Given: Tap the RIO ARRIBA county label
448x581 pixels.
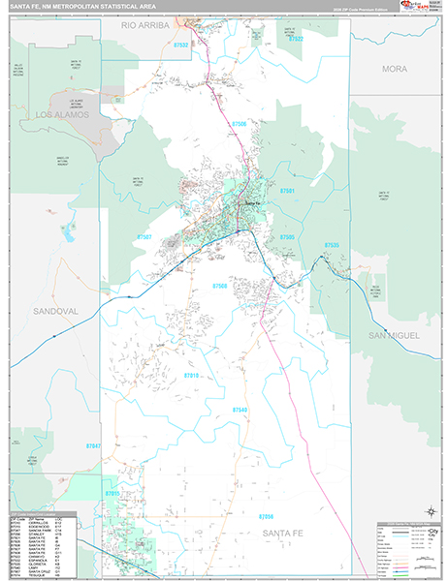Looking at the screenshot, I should coord(144,26).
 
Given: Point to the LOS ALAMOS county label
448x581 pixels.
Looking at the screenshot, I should coord(62,114).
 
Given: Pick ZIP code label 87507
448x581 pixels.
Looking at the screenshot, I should coord(144,237).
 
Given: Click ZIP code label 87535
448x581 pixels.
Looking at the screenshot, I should coord(332,246).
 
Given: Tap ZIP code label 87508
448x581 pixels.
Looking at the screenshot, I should coord(220,287).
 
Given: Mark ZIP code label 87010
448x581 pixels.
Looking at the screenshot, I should coord(191,374).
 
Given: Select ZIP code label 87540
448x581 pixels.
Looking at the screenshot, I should coord(240,410).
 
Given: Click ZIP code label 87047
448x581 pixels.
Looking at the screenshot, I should coord(93,445).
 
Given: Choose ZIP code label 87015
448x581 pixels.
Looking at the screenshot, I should coord(113,494).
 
